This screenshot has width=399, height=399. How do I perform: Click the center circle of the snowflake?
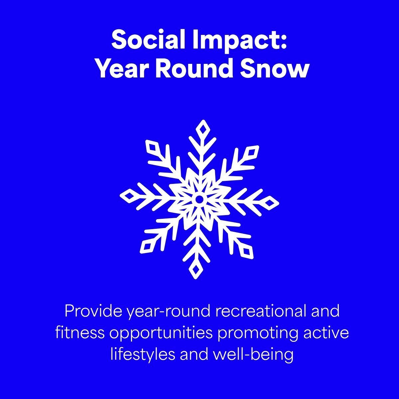tap(199, 199)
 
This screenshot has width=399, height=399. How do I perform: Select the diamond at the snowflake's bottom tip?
tap(196, 270)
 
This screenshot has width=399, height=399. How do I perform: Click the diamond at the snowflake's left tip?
tap(129, 196)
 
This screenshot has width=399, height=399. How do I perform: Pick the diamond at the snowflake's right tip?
tap(270, 203)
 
